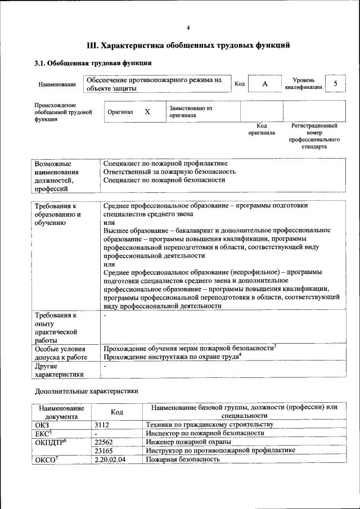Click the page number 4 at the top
pyautogui.click(x=188, y=28)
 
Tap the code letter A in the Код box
pyautogui.click(x=264, y=84)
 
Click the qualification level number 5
pyautogui.click(x=336, y=84)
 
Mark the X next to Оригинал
pyautogui.click(x=147, y=111)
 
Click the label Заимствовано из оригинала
pyautogui.click(x=190, y=111)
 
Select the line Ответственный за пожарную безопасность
pyautogui.click(x=169, y=171)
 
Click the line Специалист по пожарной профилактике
pyautogui.click(x=165, y=163)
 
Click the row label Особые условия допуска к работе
pyautogui.click(x=61, y=353)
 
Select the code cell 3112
pyautogui.click(x=101, y=424)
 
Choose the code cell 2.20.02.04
pyautogui.click(x=110, y=460)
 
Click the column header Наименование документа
pyautogui.click(x=61, y=412)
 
